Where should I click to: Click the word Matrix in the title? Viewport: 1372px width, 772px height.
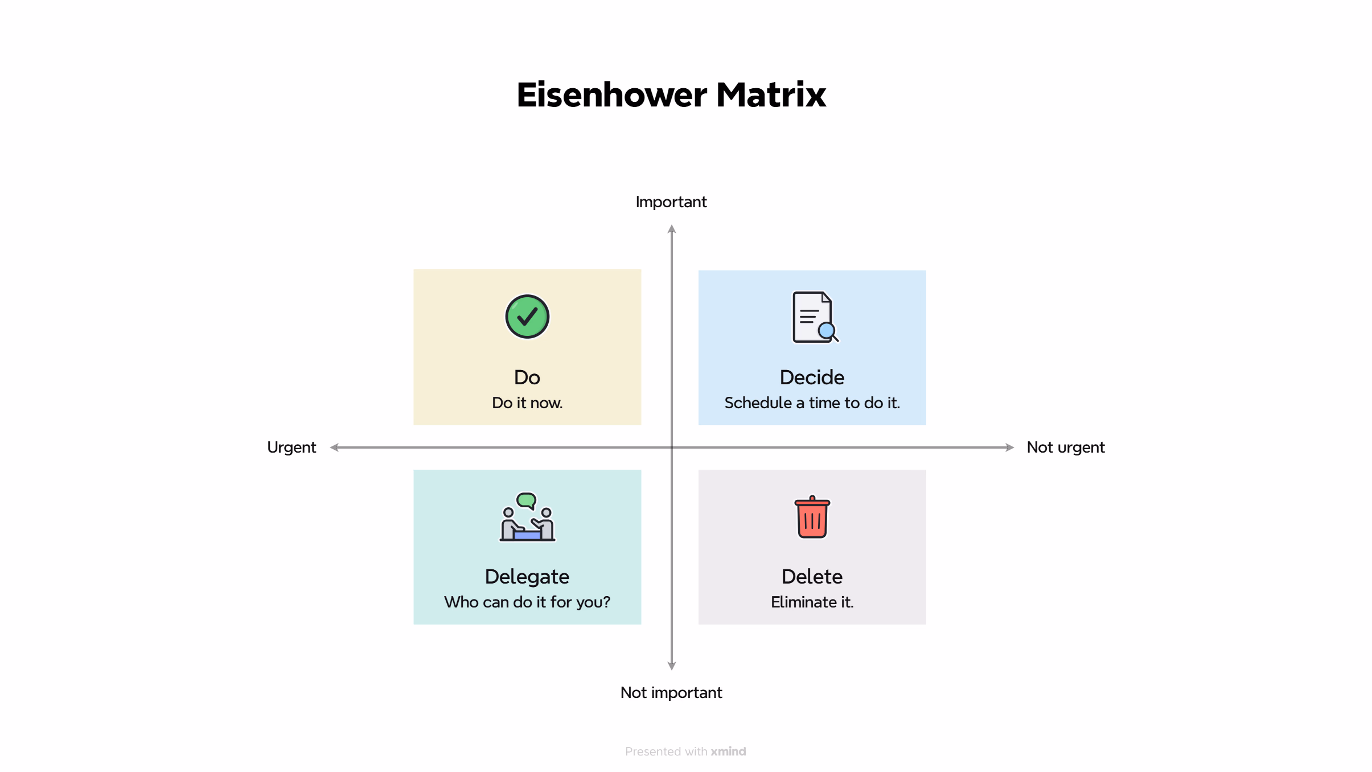point(771,95)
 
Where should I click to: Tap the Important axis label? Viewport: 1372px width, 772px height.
point(671,202)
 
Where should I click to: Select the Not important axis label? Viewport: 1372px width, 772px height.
point(671,693)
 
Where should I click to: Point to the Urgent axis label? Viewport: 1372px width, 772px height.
point(291,448)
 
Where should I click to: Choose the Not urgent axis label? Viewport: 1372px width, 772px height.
point(1066,448)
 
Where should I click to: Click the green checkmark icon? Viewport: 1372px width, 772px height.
point(527,317)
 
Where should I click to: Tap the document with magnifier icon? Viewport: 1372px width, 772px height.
point(815,317)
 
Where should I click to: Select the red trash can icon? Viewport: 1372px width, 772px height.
point(812,517)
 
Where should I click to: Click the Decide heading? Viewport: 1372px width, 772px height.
point(812,377)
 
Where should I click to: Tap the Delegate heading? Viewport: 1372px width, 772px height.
point(527,577)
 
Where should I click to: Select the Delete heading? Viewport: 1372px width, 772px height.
point(812,577)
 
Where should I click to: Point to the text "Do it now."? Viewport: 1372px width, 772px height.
point(527,403)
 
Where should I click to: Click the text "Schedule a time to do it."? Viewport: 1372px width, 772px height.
point(812,403)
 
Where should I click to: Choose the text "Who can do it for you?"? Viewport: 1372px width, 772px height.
point(527,602)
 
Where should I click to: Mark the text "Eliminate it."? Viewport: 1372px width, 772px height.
point(812,602)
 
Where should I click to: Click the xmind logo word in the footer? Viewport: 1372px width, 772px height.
point(728,752)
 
